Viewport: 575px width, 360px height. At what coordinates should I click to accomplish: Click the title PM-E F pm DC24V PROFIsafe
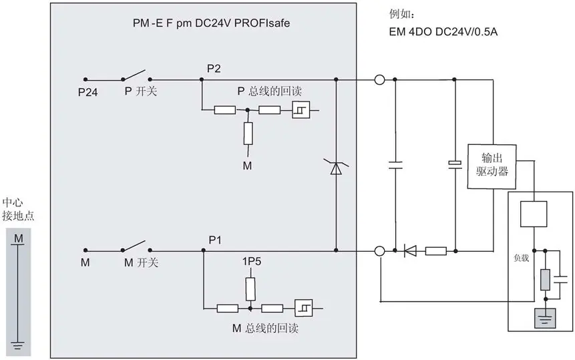click(x=211, y=23)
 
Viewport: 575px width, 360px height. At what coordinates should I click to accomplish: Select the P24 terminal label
click(x=87, y=92)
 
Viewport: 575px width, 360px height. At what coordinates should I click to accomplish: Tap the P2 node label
click(x=214, y=69)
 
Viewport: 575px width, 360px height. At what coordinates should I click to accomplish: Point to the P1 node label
click(x=215, y=240)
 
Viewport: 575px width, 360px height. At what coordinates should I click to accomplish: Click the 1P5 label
click(x=252, y=261)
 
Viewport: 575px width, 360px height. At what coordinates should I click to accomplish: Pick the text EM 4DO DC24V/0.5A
click(x=443, y=32)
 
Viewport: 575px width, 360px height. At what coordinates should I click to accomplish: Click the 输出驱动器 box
click(x=492, y=167)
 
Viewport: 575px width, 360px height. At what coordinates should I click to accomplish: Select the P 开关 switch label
click(x=141, y=91)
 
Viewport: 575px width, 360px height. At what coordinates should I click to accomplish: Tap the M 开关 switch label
click(x=141, y=262)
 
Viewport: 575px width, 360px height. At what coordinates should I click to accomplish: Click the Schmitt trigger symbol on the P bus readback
click(x=301, y=110)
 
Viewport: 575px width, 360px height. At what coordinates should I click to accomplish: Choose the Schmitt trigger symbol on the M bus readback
click(x=304, y=308)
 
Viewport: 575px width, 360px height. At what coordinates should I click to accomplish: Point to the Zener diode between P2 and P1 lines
click(x=336, y=167)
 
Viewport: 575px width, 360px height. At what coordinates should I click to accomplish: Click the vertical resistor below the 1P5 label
click(x=250, y=289)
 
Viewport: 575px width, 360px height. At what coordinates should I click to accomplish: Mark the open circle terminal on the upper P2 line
click(x=379, y=79)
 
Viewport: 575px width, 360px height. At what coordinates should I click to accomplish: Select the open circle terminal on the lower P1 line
click(x=380, y=251)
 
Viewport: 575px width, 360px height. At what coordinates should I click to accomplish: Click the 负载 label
click(x=521, y=258)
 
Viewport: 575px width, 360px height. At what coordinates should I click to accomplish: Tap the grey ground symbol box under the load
click(x=546, y=318)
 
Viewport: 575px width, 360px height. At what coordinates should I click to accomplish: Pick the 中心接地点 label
click(x=18, y=209)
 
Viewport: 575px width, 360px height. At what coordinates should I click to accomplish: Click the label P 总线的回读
click(x=270, y=91)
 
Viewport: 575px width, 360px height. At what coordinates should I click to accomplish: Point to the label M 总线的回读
click(x=266, y=328)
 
